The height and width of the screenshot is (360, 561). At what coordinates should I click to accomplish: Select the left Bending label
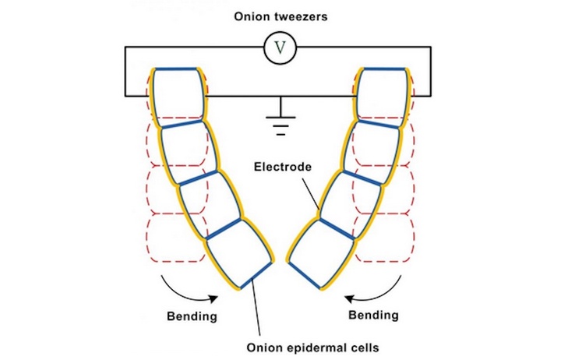click(x=192, y=316)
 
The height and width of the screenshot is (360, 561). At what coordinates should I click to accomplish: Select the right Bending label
click(x=372, y=316)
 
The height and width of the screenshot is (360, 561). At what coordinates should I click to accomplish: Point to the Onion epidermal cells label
click(x=295, y=347)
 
